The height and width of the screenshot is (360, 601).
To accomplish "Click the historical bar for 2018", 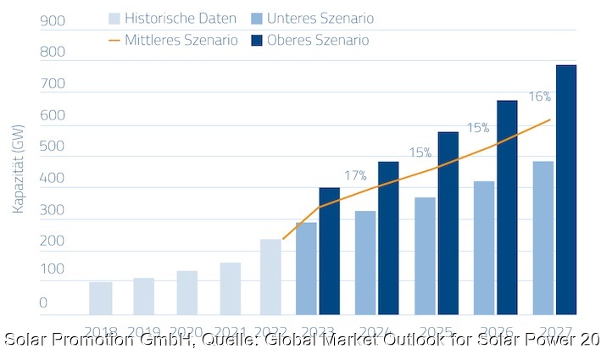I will (x=101, y=298).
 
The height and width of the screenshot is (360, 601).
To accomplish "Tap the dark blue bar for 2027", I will (x=566, y=190).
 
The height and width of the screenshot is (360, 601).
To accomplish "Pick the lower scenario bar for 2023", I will (x=306, y=269).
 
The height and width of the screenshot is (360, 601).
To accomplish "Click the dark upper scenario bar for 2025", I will (x=448, y=224).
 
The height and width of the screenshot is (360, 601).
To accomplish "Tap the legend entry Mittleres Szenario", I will (x=174, y=40).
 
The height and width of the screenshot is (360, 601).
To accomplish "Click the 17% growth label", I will (x=355, y=175).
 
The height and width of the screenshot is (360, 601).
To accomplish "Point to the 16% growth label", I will (x=540, y=97).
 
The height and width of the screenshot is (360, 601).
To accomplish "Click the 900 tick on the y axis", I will (x=53, y=19).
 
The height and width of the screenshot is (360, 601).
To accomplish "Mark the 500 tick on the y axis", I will (x=53, y=147).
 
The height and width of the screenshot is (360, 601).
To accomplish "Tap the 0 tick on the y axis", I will (x=44, y=302).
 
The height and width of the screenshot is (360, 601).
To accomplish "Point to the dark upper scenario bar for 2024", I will (x=389, y=238).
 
